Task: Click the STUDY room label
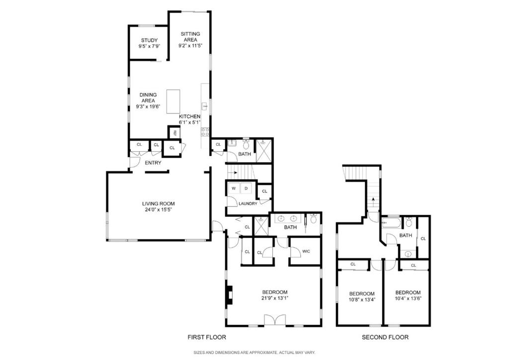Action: [x=149, y=41]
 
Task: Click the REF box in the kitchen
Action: [x=174, y=133]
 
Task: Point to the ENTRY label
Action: [x=153, y=163]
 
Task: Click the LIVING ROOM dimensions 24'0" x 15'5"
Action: [x=158, y=209]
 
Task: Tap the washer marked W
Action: [x=233, y=188]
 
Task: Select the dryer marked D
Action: [x=246, y=188]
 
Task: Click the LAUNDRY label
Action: [x=248, y=203]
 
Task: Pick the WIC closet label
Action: [x=306, y=252]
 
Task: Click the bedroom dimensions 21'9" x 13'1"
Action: [x=275, y=298]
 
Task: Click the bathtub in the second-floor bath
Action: [x=391, y=224]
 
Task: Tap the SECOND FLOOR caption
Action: [x=385, y=337]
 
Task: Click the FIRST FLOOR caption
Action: [x=206, y=337]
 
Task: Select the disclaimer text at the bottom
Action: [x=254, y=353]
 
